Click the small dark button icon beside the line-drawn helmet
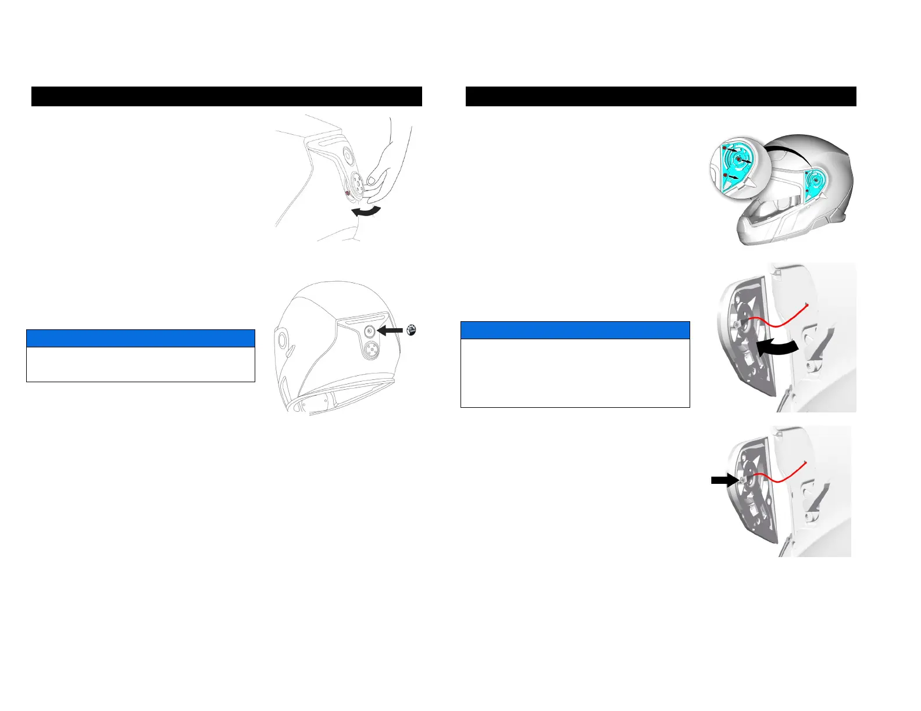(411, 330)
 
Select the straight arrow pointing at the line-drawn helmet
(390, 331)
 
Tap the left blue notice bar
(141, 338)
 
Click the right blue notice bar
(575, 330)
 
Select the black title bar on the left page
(226, 96)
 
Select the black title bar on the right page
(661, 96)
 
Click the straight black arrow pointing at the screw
(722, 480)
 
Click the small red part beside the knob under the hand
(347, 193)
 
